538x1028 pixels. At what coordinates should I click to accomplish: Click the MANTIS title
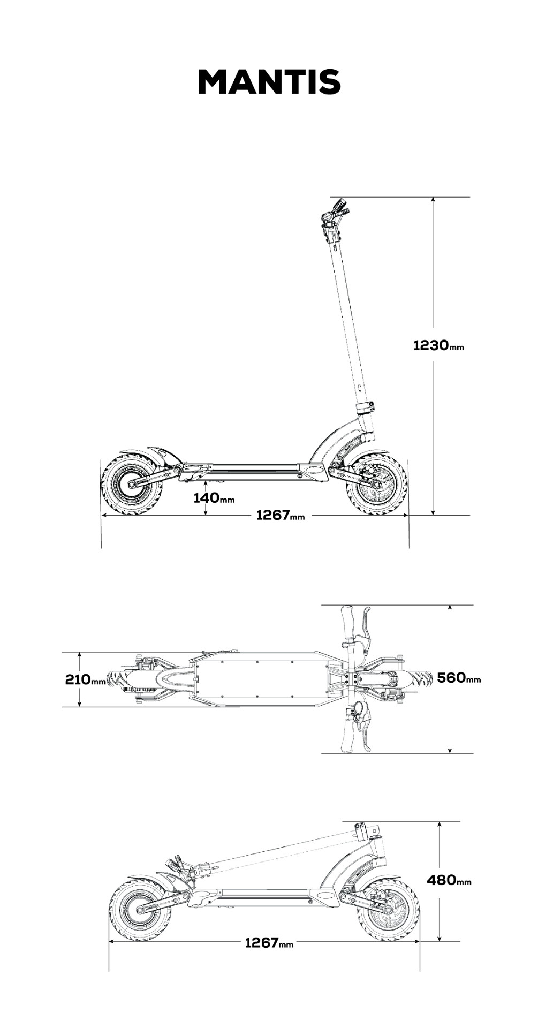(x=269, y=82)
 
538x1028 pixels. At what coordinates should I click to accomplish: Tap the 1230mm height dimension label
(x=438, y=345)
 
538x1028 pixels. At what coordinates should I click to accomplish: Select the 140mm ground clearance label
(x=214, y=498)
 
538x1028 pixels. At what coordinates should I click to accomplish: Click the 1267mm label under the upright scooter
(x=281, y=516)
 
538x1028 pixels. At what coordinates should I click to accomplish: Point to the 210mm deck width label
(x=86, y=679)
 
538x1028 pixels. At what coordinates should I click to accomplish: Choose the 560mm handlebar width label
(x=459, y=678)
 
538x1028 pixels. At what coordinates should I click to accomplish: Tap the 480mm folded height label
(x=449, y=880)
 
